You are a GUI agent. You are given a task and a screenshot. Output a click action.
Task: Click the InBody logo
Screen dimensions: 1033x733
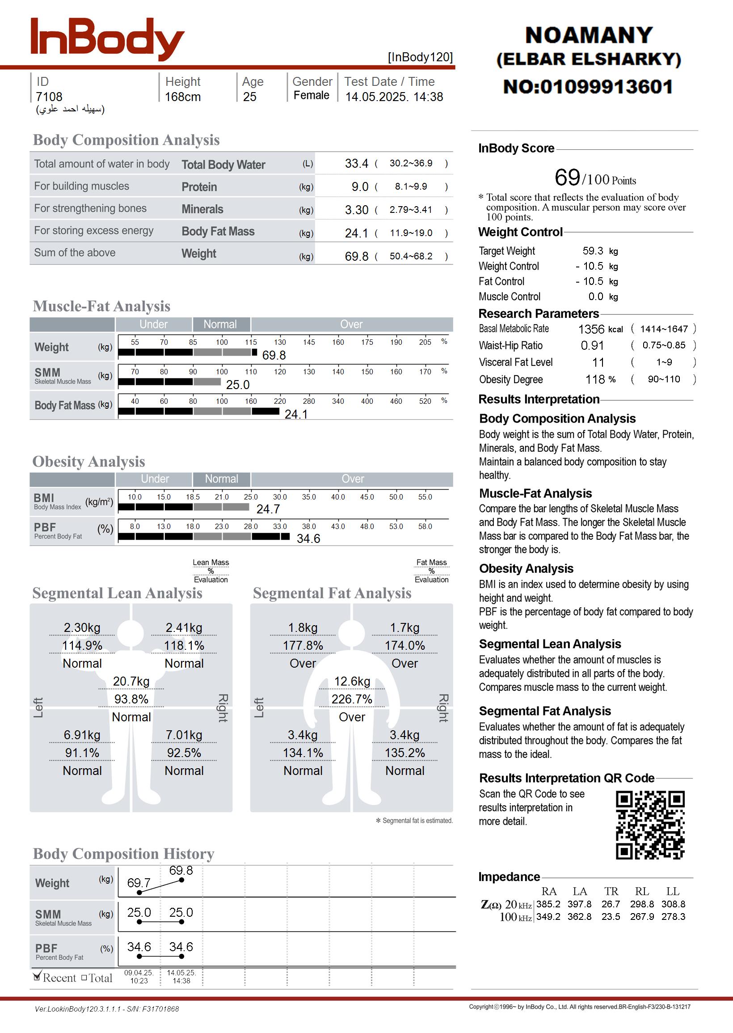pyautogui.click(x=107, y=39)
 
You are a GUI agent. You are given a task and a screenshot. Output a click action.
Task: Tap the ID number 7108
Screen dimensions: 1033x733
pyautogui.click(x=49, y=97)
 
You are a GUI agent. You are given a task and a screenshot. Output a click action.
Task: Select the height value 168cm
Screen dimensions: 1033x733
pyautogui.click(x=182, y=97)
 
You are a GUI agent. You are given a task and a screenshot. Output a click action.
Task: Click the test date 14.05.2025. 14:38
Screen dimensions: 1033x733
pyautogui.click(x=394, y=97)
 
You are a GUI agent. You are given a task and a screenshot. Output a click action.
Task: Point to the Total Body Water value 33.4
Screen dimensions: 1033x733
pyautogui.click(x=357, y=163)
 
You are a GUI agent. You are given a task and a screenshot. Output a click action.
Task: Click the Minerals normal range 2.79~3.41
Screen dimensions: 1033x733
pyautogui.click(x=411, y=210)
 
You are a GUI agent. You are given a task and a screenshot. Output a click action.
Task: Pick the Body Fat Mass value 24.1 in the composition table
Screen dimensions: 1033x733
pyautogui.click(x=357, y=233)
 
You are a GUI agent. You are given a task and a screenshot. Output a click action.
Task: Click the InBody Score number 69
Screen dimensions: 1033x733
pyautogui.click(x=567, y=178)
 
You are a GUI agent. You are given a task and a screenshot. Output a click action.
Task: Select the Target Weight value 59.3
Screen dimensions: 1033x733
pyautogui.click(x=593, y=251)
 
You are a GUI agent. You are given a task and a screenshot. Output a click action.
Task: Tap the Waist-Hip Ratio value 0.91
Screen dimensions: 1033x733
pyautogui.click(x=592, y=346)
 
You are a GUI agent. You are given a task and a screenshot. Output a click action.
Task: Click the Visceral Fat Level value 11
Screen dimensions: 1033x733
pyautogui.click(x=598, y=363)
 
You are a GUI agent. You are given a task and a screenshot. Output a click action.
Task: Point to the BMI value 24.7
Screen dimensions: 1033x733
pyautogui.click(x=268, y=509)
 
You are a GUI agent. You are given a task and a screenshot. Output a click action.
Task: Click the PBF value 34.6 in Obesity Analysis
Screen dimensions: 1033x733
pyautogui.click(x=308, y=538)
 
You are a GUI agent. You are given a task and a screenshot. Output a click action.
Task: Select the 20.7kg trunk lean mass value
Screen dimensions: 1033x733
pyautogui.click(x=131, y=682)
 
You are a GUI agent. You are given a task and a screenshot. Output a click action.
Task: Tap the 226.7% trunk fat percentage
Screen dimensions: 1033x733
pyautogui.click(x=352, y=699)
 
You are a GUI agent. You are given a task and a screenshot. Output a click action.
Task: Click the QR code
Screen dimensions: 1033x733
pyautogui.click(x=650, y=825)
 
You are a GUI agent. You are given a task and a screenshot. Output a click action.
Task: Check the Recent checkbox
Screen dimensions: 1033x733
pyautogui.click(x=38, y=977)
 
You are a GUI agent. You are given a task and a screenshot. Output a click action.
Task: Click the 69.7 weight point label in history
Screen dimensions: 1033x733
pyautogui.click(x=139, y=883)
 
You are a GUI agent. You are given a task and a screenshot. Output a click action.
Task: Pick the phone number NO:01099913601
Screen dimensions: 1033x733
pyautogui.click(x=588, y=87)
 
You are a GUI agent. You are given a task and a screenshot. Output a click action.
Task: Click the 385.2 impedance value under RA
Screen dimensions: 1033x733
pyautogui.click(x=548, y=904)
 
